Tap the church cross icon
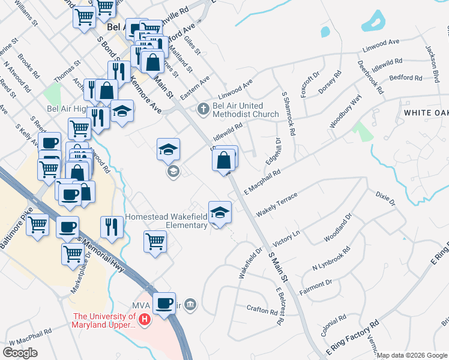pos(203,109)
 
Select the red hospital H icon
pos(143,321)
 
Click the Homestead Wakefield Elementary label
pos(166,221)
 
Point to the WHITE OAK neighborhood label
pos(426,113)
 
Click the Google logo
pos(20,352)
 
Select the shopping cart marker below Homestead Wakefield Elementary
pos(155,241)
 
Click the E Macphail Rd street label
pos(263,182)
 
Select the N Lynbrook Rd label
pos(331,258)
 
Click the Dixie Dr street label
pos(385,199)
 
